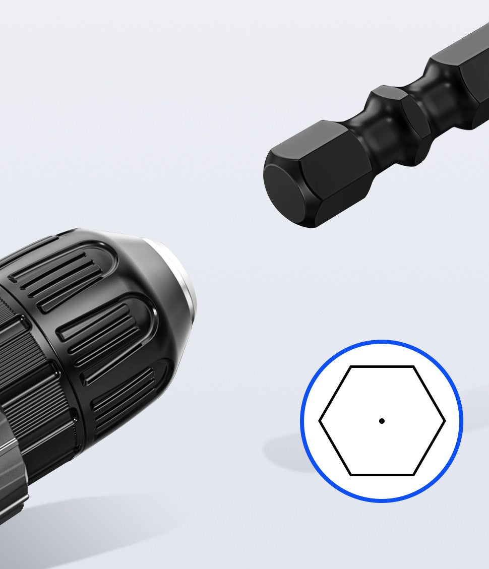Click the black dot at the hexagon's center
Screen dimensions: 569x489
click(x=382, y=421)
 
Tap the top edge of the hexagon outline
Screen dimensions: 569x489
click(x=382, y=367)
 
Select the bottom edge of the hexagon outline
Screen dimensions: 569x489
click(x=382, y=474)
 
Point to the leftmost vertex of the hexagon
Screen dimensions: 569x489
click(x=320, y=421)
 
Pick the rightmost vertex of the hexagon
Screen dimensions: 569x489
click(x=445, y=421)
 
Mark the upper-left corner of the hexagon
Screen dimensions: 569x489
click(x=350, y=367)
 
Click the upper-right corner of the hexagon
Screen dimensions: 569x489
click(x=413, y=367)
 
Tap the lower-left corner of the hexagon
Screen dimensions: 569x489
click(x=350, y=474)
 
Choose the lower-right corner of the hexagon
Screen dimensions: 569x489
click(x=413, y=474)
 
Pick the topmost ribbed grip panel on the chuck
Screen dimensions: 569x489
click(x=60, y=272)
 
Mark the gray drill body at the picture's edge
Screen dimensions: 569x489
click(x=10, y=479)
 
